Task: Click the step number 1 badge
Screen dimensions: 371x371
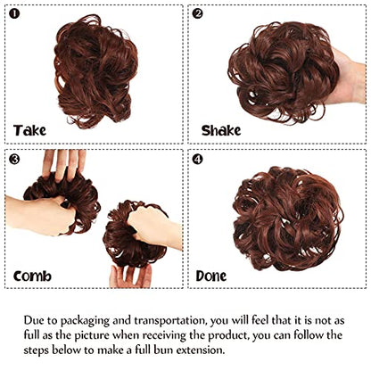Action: [x=14, y=13]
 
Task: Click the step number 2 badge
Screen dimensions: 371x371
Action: [x=197, y=13]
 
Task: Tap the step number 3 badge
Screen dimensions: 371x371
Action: [x=14, y=160]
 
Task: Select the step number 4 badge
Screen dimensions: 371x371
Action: [x=197, y=160]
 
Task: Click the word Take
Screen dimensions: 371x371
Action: [x=29, y=130]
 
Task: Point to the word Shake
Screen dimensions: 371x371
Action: [x=221, y=130]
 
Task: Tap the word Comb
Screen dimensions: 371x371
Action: [x=32, y=276]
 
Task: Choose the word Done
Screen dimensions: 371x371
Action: [x=211, y=276]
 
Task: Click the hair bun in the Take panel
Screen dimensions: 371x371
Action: [x=95, y=71]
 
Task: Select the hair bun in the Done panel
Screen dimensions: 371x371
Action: [x=288, y=219]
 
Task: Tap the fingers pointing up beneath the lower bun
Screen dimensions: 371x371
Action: [x=131, y=276]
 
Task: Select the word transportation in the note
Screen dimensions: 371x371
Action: [x=170, y=320]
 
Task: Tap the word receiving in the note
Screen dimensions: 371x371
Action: [x=165, y=336]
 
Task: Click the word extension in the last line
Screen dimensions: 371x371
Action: [x=200, y=350]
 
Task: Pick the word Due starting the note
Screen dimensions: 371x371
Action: [x=34, y=320]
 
